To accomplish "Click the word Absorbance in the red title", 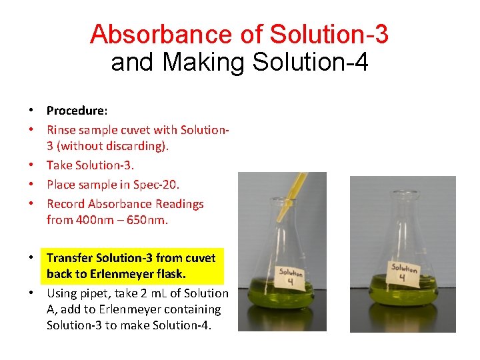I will [x=159, y=34].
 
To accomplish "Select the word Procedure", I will [x=75, y=111].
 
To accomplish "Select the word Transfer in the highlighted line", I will [x=70, y=257].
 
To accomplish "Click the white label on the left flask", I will [x=291, y=279].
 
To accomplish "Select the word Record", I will [x=65, y=204].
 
